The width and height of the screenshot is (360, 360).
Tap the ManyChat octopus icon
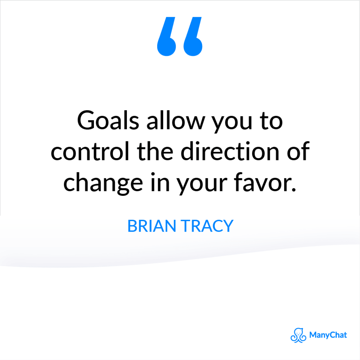coord(298,335)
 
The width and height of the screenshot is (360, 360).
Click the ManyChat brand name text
coord(328,335)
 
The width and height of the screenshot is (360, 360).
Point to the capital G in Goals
coord(86,121)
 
